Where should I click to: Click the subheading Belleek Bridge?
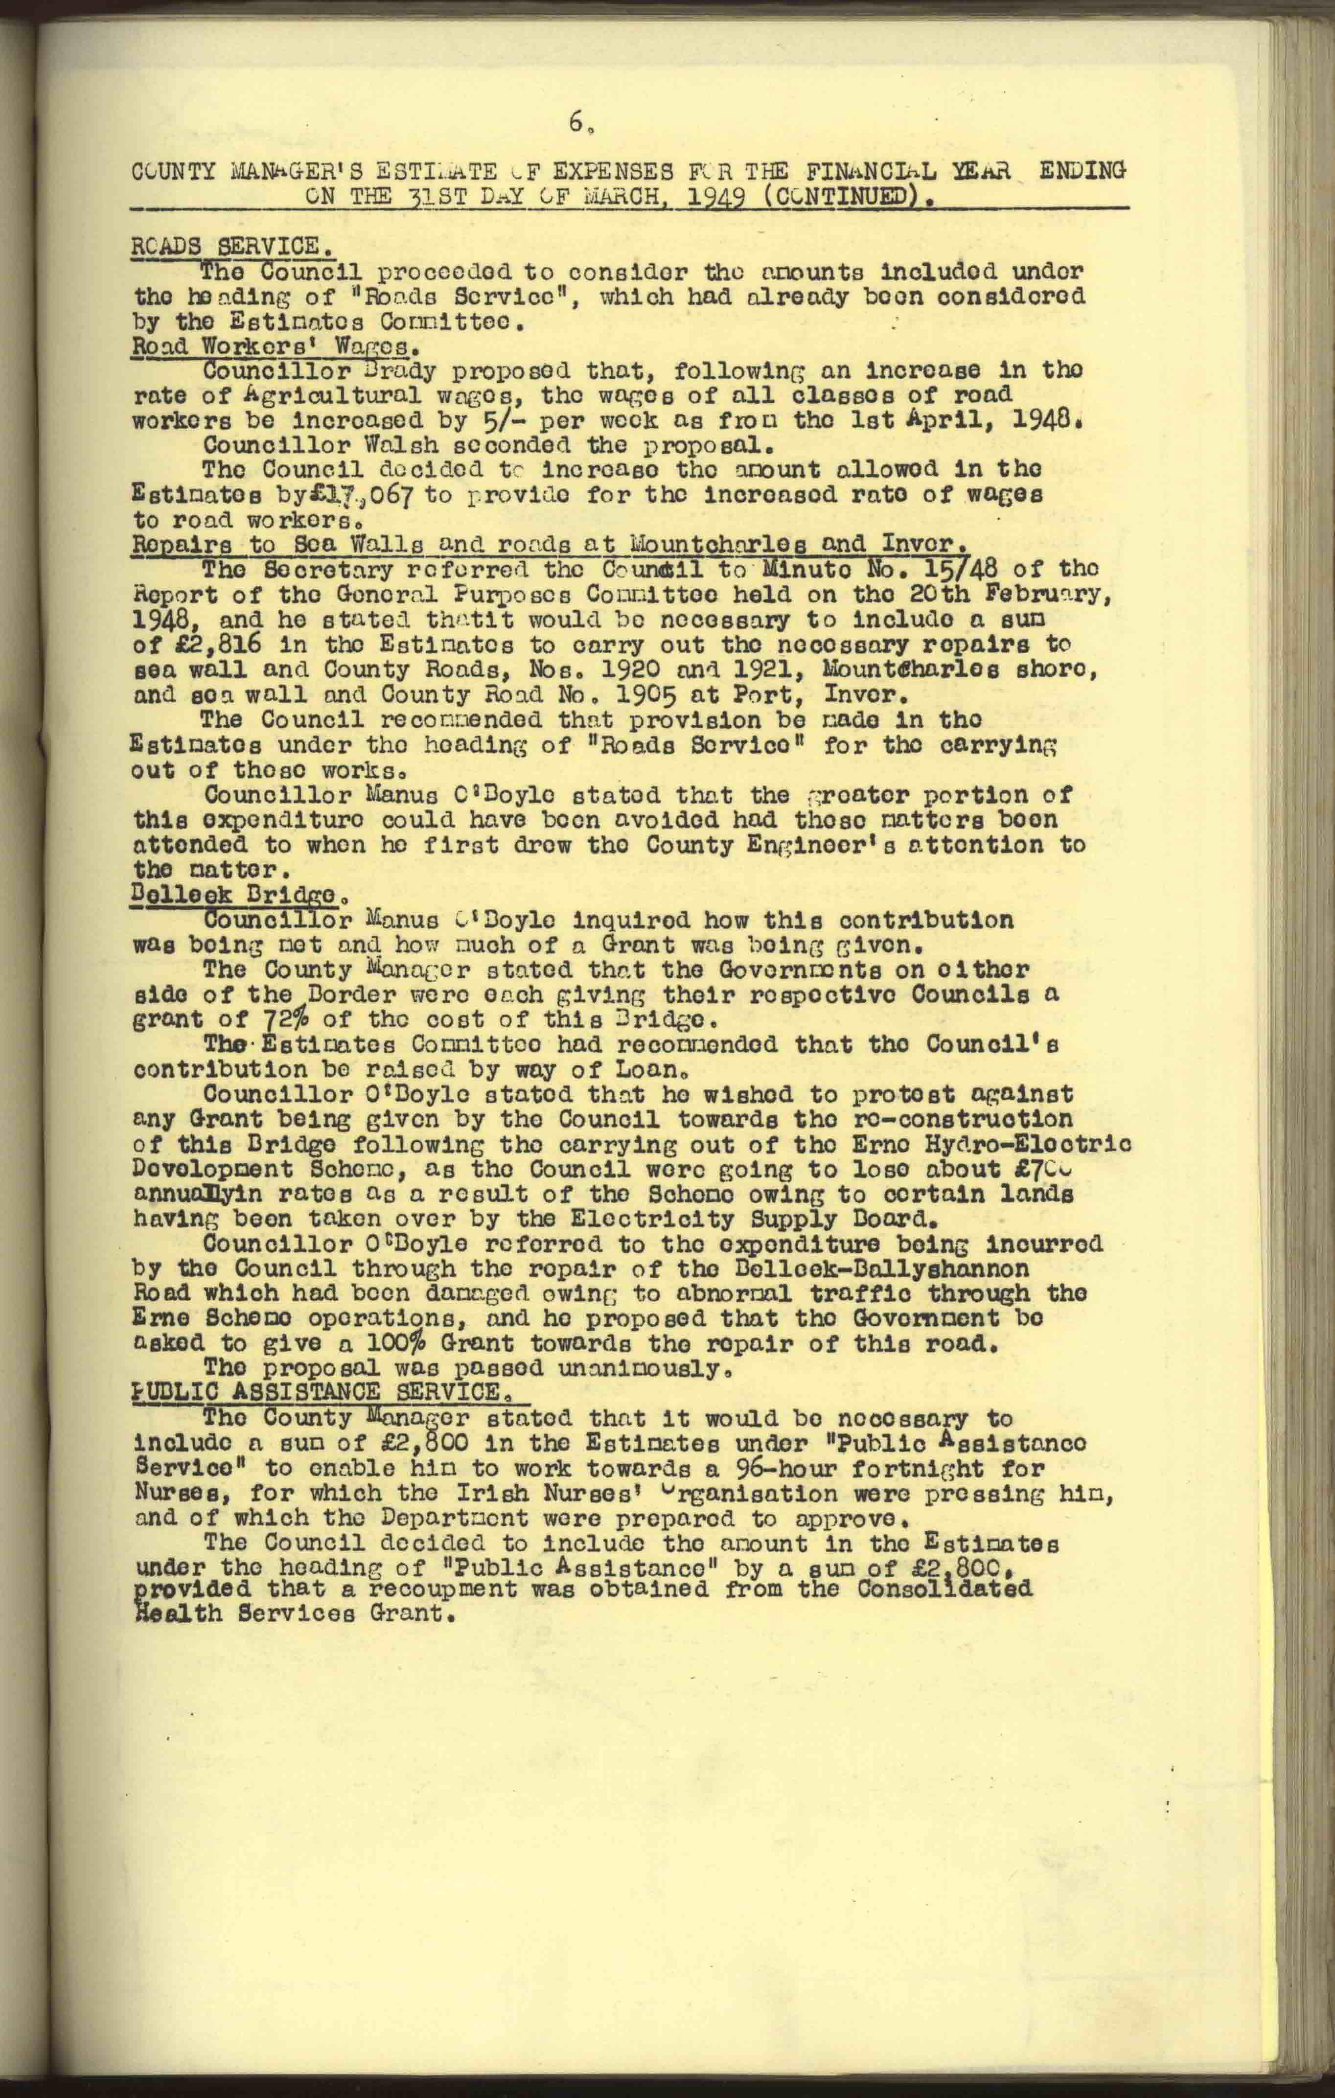pyautogui.click(x=233, y=895)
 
